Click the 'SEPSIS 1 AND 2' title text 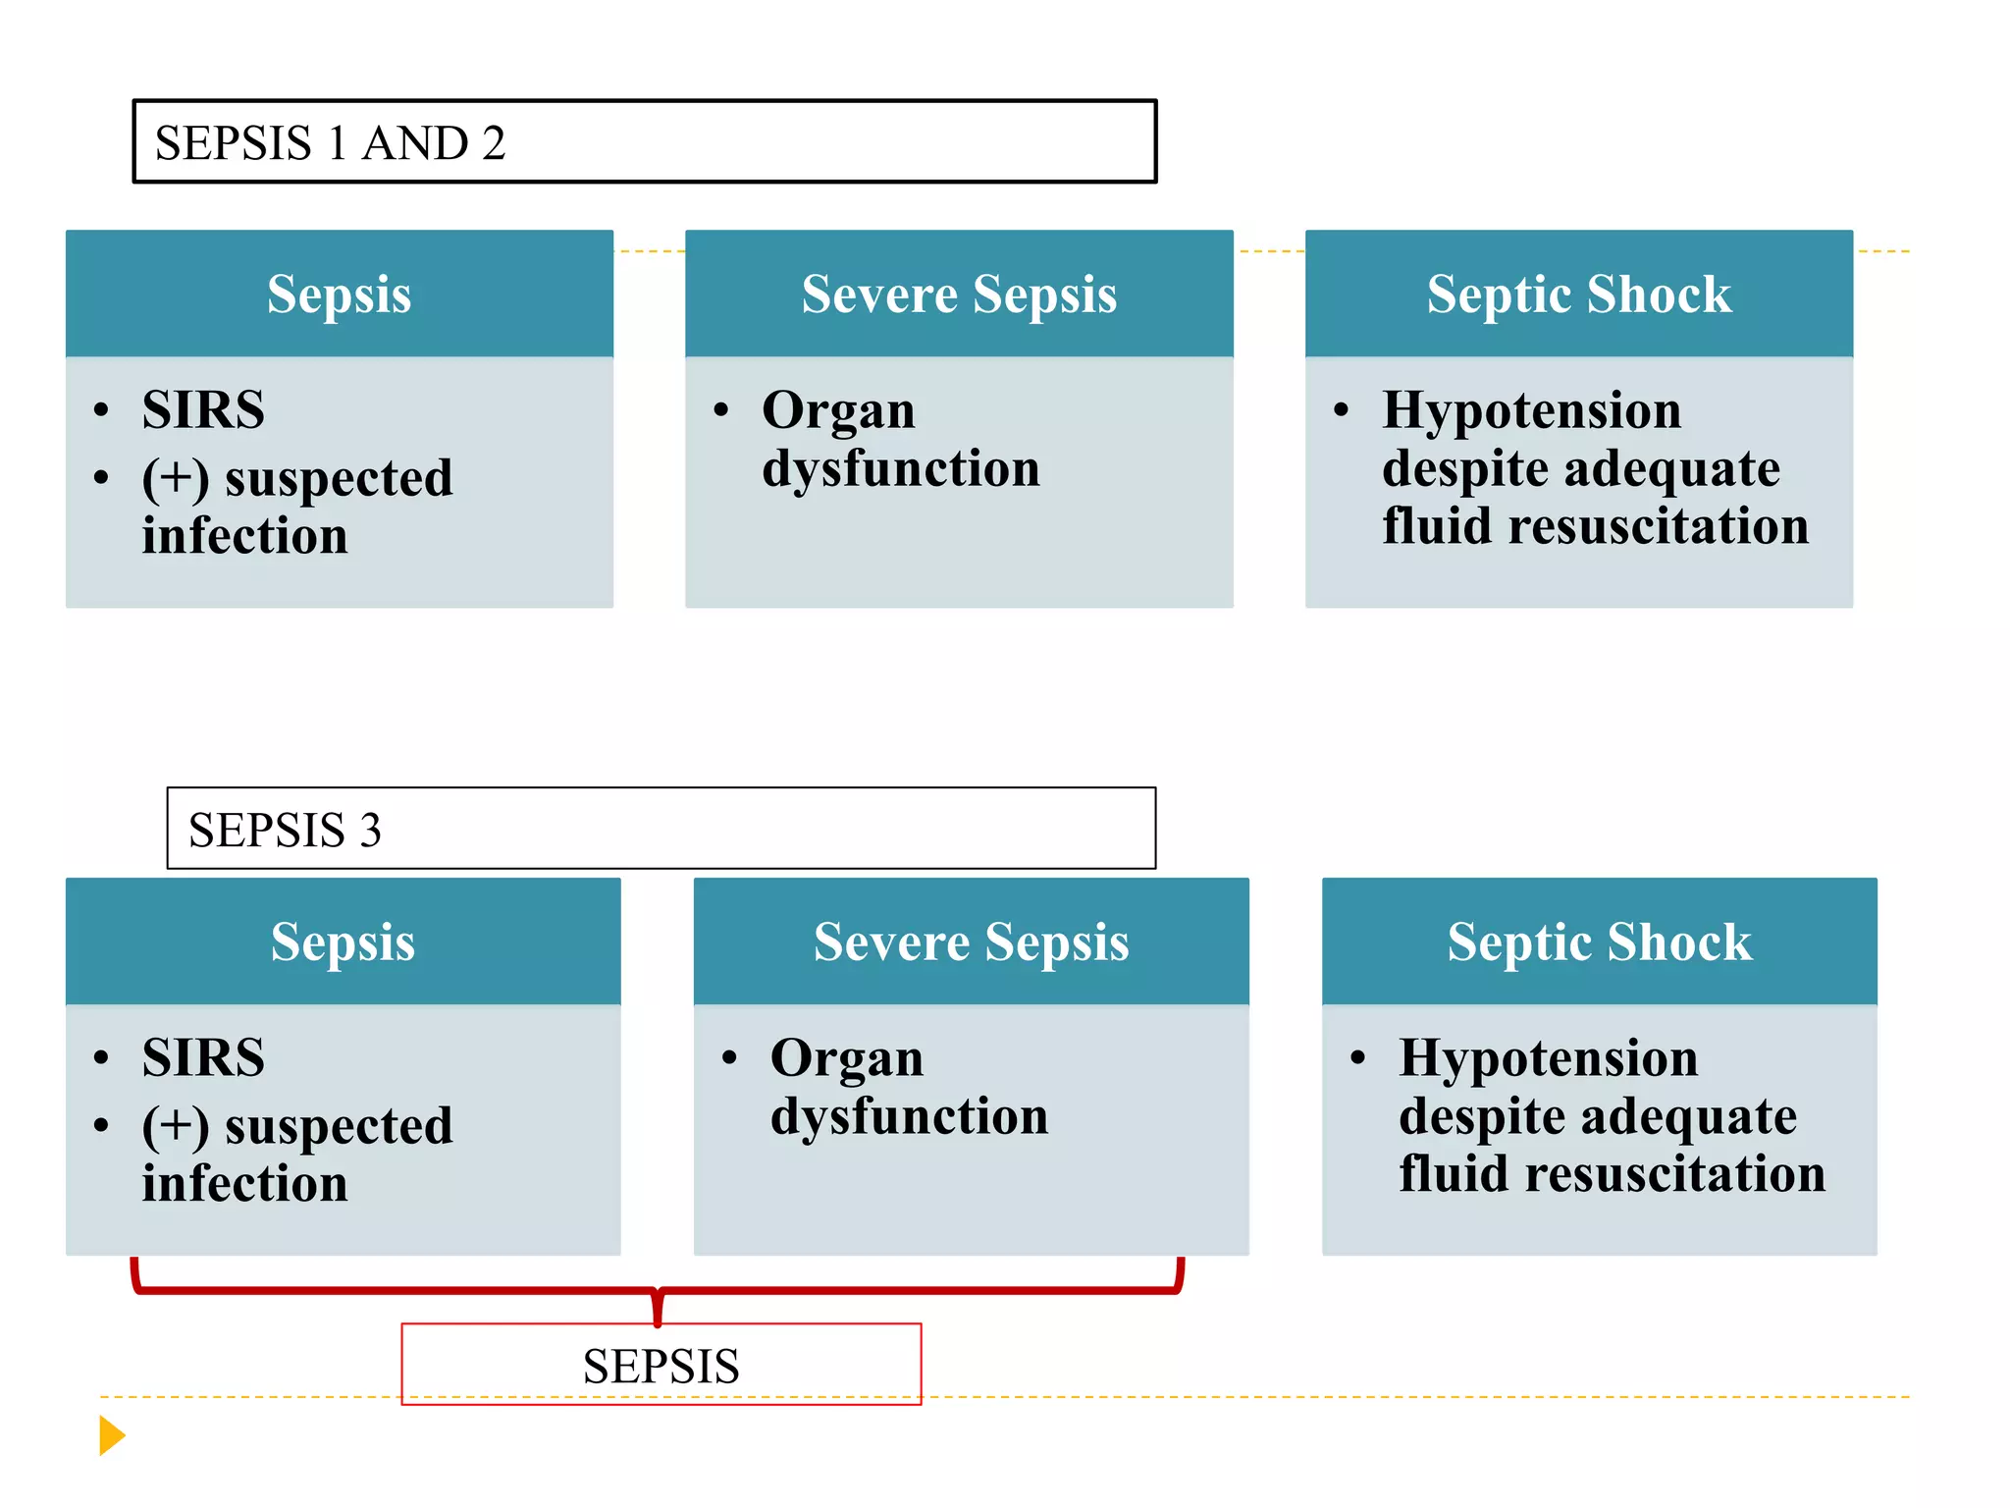coord(330,143)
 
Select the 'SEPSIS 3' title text coord(285,830)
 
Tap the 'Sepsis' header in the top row coord(339,294)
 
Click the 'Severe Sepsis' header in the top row coord(959,294)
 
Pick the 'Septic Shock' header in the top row coord(1578,294)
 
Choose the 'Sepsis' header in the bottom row coord(343,942)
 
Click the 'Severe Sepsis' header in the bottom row coord(971,942)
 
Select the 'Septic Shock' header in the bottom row coord(1599,942)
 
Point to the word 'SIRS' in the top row coord(203,409)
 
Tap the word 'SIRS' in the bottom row coord(203,1057)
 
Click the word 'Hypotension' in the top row coord(1531,410)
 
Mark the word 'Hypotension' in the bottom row coord(1548,1058)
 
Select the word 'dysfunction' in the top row coord(900,468)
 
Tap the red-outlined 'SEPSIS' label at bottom coord(661,1366)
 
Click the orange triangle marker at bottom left coord(111,1435)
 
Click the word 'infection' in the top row coord(244,536)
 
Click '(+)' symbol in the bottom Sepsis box coord(175,1127)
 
